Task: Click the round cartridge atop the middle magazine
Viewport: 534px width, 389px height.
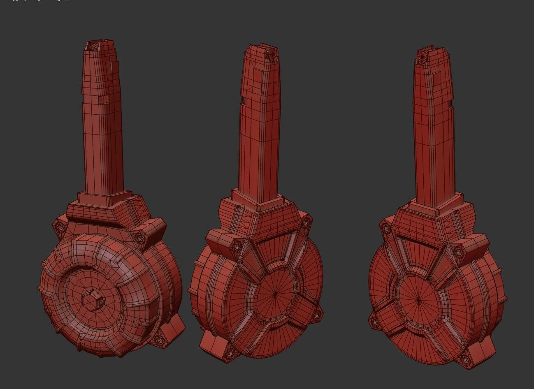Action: point(272,54)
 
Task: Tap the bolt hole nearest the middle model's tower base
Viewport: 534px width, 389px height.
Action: point(305,223)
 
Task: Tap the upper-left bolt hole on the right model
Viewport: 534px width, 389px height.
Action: point(386,226)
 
